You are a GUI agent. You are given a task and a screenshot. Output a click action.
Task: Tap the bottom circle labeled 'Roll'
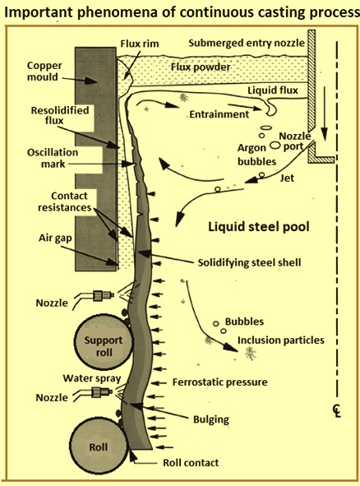(x=99, y=447)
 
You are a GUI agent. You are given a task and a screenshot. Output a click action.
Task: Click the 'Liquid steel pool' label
(x=258, y=227)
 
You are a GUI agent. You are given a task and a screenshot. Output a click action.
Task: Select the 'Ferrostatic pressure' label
(x=219, y=382)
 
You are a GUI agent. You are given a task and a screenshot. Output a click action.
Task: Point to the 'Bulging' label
(x=211, y=419)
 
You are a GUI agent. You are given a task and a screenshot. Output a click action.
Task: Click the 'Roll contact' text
(x=191, y=463)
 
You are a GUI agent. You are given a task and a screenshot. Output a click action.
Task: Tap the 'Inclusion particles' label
(x=281, y=340)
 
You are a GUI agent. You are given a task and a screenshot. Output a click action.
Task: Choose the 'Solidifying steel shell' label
(x=249, y=262)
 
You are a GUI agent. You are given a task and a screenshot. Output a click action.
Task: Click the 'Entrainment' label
(x=219, y=114)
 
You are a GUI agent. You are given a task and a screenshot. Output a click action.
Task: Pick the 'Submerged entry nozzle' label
(x=247, y=43)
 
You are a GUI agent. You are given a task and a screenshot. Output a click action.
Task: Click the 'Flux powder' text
(x=201, y=67)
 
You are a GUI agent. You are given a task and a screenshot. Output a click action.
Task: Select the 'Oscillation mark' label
(x=53, y=158)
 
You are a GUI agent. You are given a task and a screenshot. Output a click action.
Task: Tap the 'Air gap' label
(x=55, y=238)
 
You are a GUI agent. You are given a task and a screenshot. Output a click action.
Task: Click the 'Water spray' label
(x=92, y=378)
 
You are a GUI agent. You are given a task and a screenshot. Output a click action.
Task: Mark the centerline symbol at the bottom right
(x=337, y=411)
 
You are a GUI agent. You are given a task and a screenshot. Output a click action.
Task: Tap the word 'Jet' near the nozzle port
(x=287, y=178)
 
